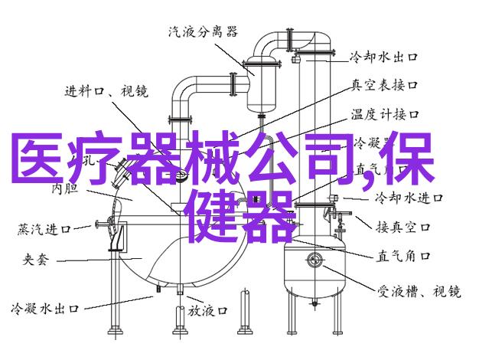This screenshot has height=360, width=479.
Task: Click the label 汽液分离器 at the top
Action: click(x=202, y=31)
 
